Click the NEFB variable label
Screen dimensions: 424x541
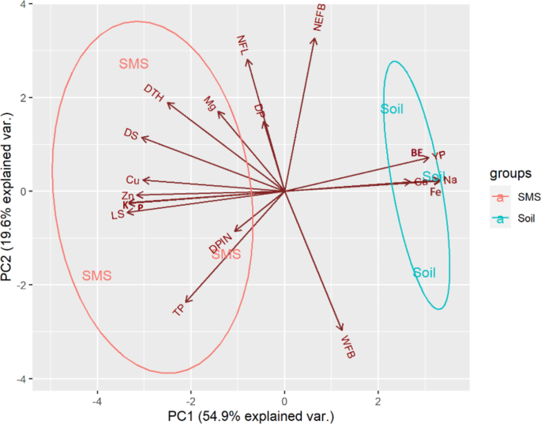pyautogui.click(x=320, y=17)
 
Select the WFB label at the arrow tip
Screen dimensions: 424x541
pyautogui.click(x=348, y=346)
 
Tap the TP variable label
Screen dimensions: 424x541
pyautogui.click(x=179, y=311)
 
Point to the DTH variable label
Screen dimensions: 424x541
pyautogui.click(x=154, y=93)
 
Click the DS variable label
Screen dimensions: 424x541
pyautogui.click(x=131, y=134)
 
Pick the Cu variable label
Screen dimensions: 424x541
pyautogui.click(x=133, y=180)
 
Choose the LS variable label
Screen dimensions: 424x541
pyautogui.click(x=118, y=214)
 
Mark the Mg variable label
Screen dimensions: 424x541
pyautogui.click(x=209, y=104)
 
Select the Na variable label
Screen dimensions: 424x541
pyautogui.click(x=450, y=180)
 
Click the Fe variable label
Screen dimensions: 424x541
pyautogui.click(x=435, y=192)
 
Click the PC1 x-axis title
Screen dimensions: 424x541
pyautogui.click(x=251, y=415)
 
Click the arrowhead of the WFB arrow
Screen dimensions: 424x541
pyautogui.click(x=342, y=329)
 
